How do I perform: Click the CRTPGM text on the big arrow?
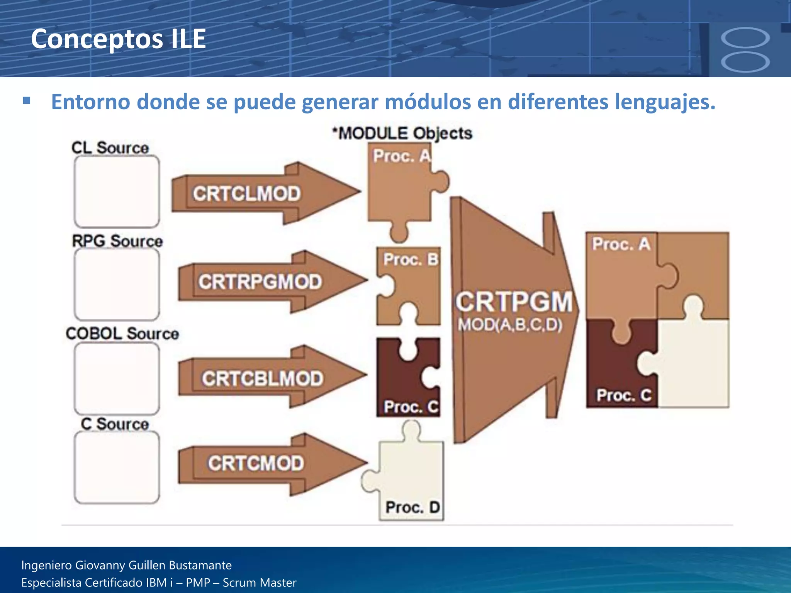pos(514,302)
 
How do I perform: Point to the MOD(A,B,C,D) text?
pos(510,325)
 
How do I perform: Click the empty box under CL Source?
pos(117,191)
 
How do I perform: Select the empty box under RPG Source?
pos(117,284)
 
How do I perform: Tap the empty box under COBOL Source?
pos(117,378)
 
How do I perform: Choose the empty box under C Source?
pos(117,467)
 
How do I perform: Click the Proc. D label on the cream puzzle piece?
pos(412,507)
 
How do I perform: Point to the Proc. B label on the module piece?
pos(410,259)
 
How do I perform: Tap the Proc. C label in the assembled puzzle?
pos(623,395)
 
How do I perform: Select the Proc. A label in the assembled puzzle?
pos(621,244)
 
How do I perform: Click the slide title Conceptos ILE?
pos(118,39)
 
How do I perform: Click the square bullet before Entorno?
pos(27,101)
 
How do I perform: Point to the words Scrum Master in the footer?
pos(260,583)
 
